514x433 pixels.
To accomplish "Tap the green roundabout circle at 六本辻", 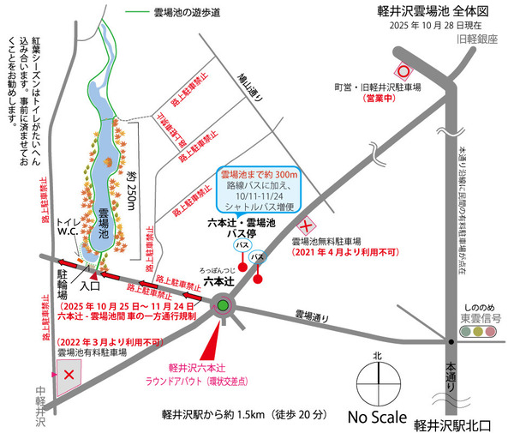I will tap(223, 304).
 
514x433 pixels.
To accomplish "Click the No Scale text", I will tap(381, 417).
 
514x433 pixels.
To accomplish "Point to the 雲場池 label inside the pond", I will tap(101, 222).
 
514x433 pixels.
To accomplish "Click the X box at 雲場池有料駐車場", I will tap(69, 373).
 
